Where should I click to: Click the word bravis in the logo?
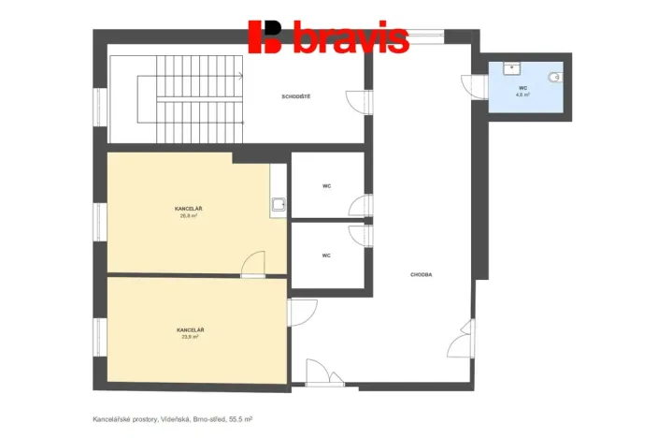coord(350,39)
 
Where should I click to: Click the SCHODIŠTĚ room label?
coord(296,97)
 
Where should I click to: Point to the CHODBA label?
coord(421,274)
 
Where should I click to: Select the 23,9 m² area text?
coord(190,337)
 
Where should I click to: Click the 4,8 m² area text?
coord(523,95)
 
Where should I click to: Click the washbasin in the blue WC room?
coord(510,67)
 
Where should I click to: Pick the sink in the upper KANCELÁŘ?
coord(279,203)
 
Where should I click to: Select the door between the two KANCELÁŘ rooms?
coord(252,266)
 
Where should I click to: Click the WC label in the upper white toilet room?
coord(327,186)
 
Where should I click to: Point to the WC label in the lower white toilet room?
coord(327,255)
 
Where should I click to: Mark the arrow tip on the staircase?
coord(240,76)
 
